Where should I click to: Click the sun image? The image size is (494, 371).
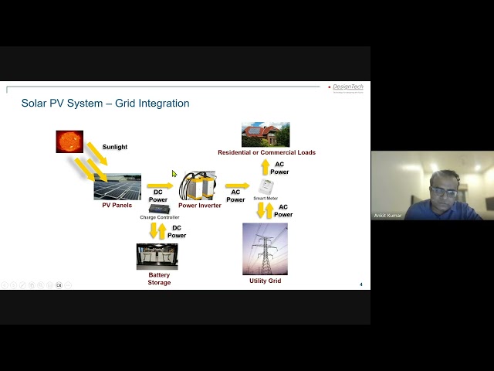[69, 141]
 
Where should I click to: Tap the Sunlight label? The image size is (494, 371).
[115, 147]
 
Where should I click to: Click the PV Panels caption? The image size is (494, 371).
[117, 206]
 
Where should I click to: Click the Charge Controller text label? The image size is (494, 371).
[159, 217]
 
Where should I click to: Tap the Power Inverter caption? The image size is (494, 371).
[200, 206]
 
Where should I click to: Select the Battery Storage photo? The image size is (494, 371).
[157, 257]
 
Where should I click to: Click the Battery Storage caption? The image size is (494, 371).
[159, 278]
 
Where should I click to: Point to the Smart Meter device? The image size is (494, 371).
[266, 187]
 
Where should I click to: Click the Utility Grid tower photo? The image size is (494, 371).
[265, 248]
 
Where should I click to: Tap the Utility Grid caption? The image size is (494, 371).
[265, 281]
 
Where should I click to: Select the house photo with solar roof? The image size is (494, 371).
[266, 134]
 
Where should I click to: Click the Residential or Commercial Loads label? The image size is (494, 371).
[266, 152]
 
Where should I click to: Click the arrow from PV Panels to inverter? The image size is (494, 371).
[160, 185]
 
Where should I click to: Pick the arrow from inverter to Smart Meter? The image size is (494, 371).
[237, 185]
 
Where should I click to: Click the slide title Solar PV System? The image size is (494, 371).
[105, 104]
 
